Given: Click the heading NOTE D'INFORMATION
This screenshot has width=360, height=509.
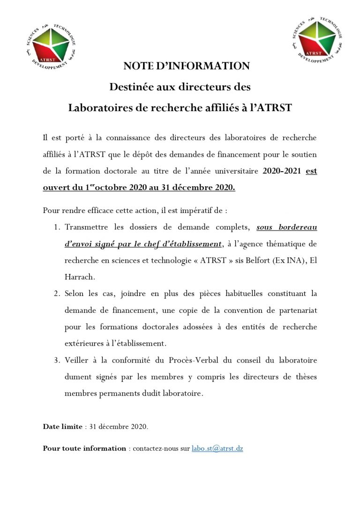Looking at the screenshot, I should pyautogui.click(x=180, y=66).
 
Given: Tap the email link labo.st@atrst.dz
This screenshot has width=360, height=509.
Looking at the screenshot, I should pyautogui.click(x=217, y=448).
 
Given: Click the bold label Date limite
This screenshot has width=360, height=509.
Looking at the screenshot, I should pyautogui.click(x=62, y=426).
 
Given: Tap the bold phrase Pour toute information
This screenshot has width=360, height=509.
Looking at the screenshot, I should pyautogui.click(x=84, y=448).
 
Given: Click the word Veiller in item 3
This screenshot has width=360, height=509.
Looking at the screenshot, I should pyautogui.click(x=76, y=360).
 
